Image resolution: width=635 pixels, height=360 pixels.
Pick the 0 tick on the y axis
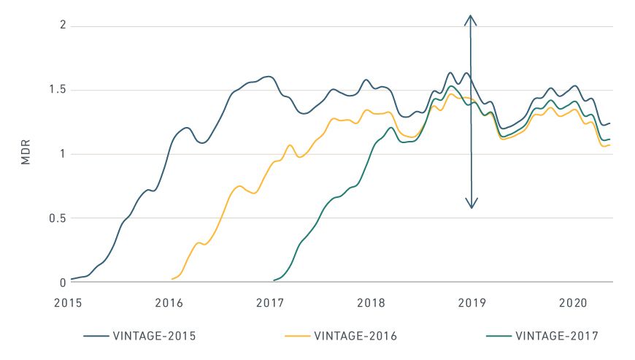[63, 282]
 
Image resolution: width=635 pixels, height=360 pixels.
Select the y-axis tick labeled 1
[63, 154]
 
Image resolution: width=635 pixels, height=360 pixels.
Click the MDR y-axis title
[26, 154]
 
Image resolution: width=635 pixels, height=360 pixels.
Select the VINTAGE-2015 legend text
[155, 337]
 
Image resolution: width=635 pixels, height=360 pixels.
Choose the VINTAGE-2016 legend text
[355, 337]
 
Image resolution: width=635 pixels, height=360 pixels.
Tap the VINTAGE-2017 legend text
[557, 337]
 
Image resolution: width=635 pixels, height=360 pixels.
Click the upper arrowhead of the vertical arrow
[472, 18]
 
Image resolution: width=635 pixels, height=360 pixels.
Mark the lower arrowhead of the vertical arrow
[472, 205]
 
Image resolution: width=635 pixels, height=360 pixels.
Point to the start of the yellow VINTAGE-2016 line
[172, 279]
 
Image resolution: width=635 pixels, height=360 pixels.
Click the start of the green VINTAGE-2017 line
[273, 280]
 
